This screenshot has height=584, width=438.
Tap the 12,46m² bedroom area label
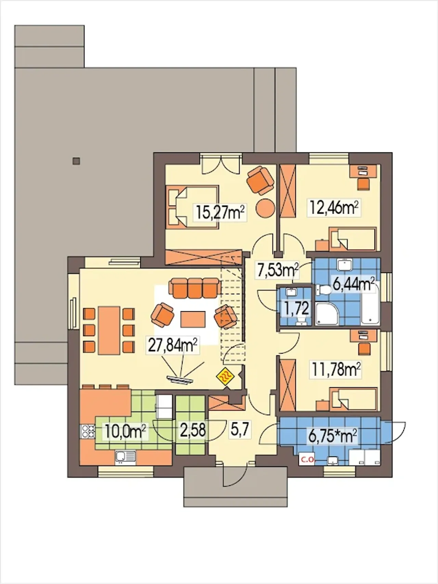click(335, 207)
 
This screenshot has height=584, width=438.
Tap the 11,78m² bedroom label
click(336, 370)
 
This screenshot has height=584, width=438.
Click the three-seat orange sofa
click(194, 287)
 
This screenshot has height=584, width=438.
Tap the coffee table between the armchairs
click(193, 319)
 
